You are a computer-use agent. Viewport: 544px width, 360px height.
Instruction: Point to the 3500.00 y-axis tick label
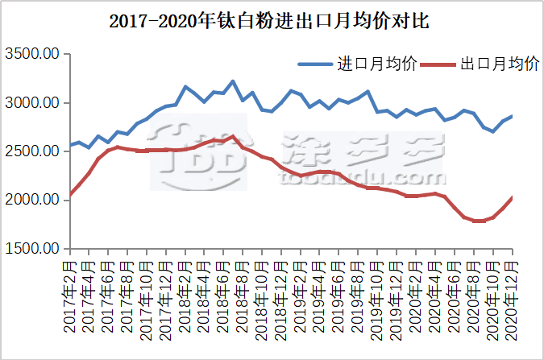(x=33, y=55)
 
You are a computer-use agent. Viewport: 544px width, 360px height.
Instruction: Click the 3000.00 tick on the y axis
(x=33, y=103)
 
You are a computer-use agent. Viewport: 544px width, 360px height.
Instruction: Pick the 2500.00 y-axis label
(x=33, y=151)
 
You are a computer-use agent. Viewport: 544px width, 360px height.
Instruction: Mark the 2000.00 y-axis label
(x=33, y=200)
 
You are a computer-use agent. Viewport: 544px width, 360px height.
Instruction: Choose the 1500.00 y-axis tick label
(x=33, y=248)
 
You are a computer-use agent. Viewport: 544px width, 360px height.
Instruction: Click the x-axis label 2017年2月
(x=71, y=294)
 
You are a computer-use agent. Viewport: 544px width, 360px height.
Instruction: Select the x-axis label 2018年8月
(x=243, y=294)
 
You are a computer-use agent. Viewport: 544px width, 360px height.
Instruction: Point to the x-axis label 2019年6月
(x=339, y=294)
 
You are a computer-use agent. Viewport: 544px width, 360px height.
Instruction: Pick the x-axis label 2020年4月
(x=435, y=294)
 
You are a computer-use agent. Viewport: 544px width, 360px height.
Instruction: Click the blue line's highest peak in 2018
(x=233, y=81)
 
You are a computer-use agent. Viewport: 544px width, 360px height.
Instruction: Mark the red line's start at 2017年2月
(x=71, y=194)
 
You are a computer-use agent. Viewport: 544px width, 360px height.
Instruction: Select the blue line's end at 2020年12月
(x=512, y=116)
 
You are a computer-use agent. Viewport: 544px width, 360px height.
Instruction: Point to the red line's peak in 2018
(x=233, y=136)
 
